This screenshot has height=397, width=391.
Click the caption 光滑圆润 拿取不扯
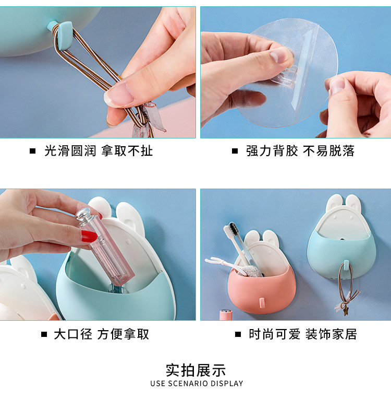coord(99,151)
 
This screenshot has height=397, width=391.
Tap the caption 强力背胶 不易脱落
coord(300,151)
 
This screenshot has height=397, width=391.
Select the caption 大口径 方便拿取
coord(101,334)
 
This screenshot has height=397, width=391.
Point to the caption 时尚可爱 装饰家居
coord(303,334)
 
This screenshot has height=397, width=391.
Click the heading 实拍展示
coord(195,370)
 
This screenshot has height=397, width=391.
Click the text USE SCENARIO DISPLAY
coord(197,383)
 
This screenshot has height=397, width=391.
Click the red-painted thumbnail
coord(89,237)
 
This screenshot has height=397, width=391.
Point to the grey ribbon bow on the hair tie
coord(149,119)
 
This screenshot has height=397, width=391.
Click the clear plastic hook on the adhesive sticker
coord(284,77)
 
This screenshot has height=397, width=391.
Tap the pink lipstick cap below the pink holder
coord(226,314)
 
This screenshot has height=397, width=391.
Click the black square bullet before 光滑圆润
coord(33,151)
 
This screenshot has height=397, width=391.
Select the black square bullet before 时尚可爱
coord(238,334)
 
